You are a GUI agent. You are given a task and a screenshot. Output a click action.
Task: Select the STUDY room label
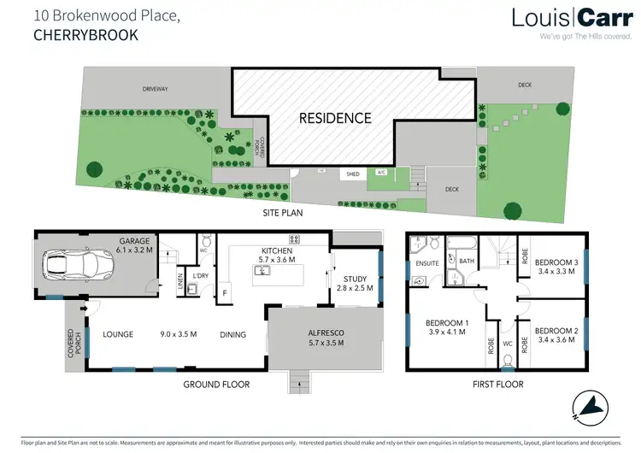click(x=355, y=279)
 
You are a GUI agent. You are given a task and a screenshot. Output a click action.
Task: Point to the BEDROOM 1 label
click(x=445, y=323)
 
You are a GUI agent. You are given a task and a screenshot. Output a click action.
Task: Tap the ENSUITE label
click(x=426, y=264)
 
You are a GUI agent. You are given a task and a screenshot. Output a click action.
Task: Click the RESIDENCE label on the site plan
click(x=334, y=118)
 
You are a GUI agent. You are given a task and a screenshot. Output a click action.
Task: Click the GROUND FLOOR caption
click(x=216, y=385)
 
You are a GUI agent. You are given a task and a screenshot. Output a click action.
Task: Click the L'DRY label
click(x=202, y=276)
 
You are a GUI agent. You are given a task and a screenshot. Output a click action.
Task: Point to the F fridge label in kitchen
click(x=226, y=293)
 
